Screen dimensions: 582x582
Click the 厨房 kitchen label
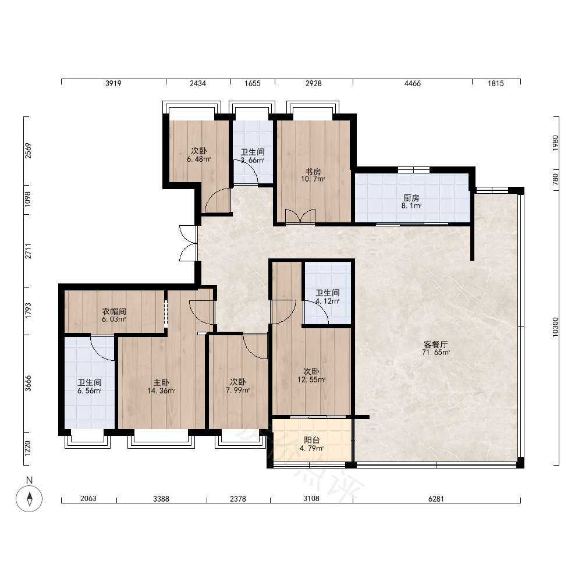pos(411,198)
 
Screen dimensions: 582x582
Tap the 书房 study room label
pos(313,172)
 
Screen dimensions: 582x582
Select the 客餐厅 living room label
pos(436,345)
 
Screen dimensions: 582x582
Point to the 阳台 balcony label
pos(312,440)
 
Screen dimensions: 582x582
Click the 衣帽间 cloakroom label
pos(114,311)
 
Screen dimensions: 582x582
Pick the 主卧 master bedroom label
pos(161,382)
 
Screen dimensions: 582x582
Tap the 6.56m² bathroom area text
pos(90,391)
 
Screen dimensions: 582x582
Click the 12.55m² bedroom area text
pos(311,379)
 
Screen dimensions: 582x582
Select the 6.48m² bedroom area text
pos(199,159)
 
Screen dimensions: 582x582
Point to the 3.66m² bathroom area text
pos(253,161)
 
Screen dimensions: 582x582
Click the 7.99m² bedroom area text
pos(238,390)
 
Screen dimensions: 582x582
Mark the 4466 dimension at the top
pos(413,83)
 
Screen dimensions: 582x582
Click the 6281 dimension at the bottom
pos(436,499)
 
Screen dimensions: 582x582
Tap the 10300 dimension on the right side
pos(555,327)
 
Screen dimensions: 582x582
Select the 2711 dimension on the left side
pos(28,251)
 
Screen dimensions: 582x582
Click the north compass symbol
pos(29,499)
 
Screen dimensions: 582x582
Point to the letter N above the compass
pos(29,480)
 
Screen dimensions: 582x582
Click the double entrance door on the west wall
pos(189,243)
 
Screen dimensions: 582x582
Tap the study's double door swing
pos(300,217)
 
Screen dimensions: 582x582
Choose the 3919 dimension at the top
pos(113,83)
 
